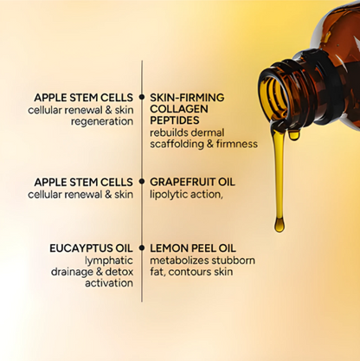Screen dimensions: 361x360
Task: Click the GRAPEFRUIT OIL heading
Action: click(x=192, y=183)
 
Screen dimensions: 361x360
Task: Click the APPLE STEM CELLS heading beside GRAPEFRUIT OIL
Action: click(x=83, y=183)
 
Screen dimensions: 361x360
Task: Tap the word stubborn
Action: click(x=228, y=260)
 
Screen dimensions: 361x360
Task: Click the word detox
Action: click(x=119, y=271)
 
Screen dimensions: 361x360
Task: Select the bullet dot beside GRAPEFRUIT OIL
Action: click(x=142, y=183)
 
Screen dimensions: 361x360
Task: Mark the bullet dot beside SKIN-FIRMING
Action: click(x=142, y=98)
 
